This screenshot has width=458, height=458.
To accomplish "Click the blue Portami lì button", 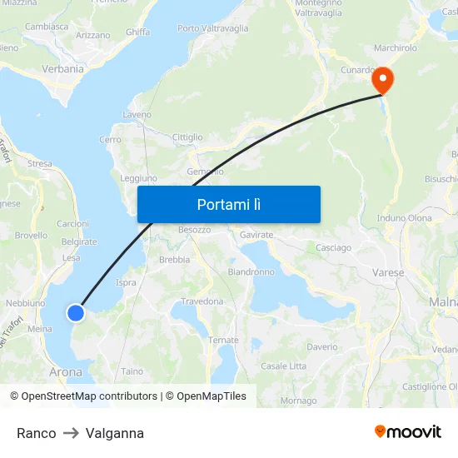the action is (229, 204).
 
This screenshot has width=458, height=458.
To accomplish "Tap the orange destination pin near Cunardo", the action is (383, 82).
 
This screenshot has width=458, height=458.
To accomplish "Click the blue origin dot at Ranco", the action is (76, 312).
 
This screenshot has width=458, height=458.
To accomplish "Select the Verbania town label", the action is (62, 69).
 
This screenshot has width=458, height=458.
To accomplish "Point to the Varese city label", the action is (388, 272).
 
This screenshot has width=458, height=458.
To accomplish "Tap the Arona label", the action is (66, 372).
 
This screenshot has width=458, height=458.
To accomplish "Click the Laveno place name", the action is (137, 114).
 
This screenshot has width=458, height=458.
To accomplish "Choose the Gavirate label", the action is (256, 236).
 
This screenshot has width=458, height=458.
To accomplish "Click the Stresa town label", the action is (39, 164).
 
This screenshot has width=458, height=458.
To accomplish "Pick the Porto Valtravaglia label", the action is (213, 28).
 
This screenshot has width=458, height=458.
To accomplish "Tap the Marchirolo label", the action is (396, 48).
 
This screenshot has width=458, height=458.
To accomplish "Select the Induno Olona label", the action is (405, 218).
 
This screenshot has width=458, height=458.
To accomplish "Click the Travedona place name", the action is (202, 301).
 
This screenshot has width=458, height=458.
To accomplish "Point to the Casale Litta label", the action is (284, 366).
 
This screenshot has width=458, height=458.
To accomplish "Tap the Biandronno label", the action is (251, 272).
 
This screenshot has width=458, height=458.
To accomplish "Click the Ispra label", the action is (126, 283).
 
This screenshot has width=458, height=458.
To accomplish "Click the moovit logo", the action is (408, 431).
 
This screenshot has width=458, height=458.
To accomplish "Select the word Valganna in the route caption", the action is (115, 433).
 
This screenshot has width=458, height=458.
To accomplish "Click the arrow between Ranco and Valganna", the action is (71, 433).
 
